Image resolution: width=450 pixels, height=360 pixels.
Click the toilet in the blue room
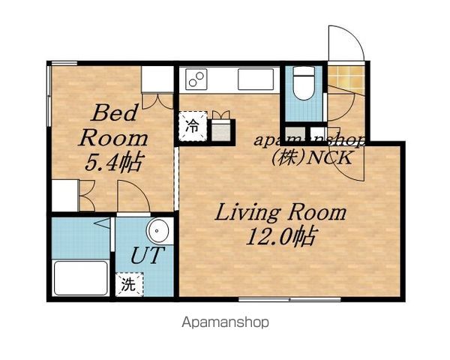click(x=304, y=82)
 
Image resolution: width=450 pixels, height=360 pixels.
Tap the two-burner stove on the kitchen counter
click(x=196, y=79)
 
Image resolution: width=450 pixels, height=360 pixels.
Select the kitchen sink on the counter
click(x=256, y=79)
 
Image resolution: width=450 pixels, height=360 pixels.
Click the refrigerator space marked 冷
click(x=193, y=126)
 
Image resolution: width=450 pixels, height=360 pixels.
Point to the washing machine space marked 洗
click(x=129, y=284)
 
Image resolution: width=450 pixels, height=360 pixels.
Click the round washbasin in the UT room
click(x=157, y=230)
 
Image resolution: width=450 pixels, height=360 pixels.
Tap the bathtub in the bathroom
click(x=81, y=278)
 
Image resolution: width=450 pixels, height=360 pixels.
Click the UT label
click(x=147, y=255)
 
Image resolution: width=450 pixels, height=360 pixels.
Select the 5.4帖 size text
click(x=114, y=163)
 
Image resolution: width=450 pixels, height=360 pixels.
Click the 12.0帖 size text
click(x=281, y=236)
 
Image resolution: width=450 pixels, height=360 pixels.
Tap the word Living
click(x=247, y=213)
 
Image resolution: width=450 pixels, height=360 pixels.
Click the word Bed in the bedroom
click(x=114, y=112)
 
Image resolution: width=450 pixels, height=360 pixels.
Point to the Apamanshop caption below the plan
click(x=225, y=322)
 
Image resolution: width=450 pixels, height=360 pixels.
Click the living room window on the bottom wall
click(x=289, y=299)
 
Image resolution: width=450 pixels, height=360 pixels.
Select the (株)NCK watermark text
click(x=312, y=157)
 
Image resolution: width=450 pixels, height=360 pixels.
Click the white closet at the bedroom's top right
click(x=157, y=79)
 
